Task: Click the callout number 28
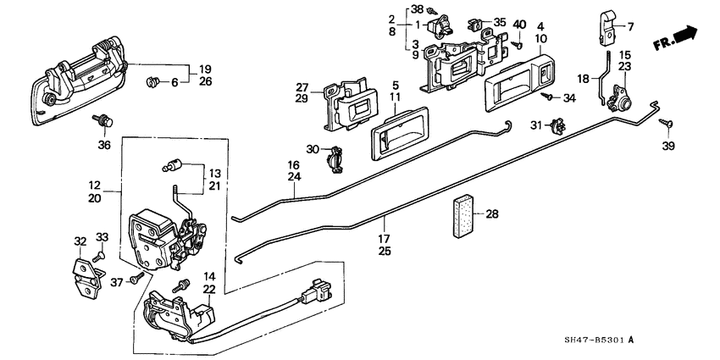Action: [492, 214]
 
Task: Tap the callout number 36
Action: [103, 144]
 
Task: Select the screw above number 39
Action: [669, 125]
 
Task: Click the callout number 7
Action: [629, 27]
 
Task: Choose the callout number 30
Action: [313, 150]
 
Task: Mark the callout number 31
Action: [535, 126]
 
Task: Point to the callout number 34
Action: [568, 99]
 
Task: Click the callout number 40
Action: [519, 24]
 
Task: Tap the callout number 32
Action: [80, 241]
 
